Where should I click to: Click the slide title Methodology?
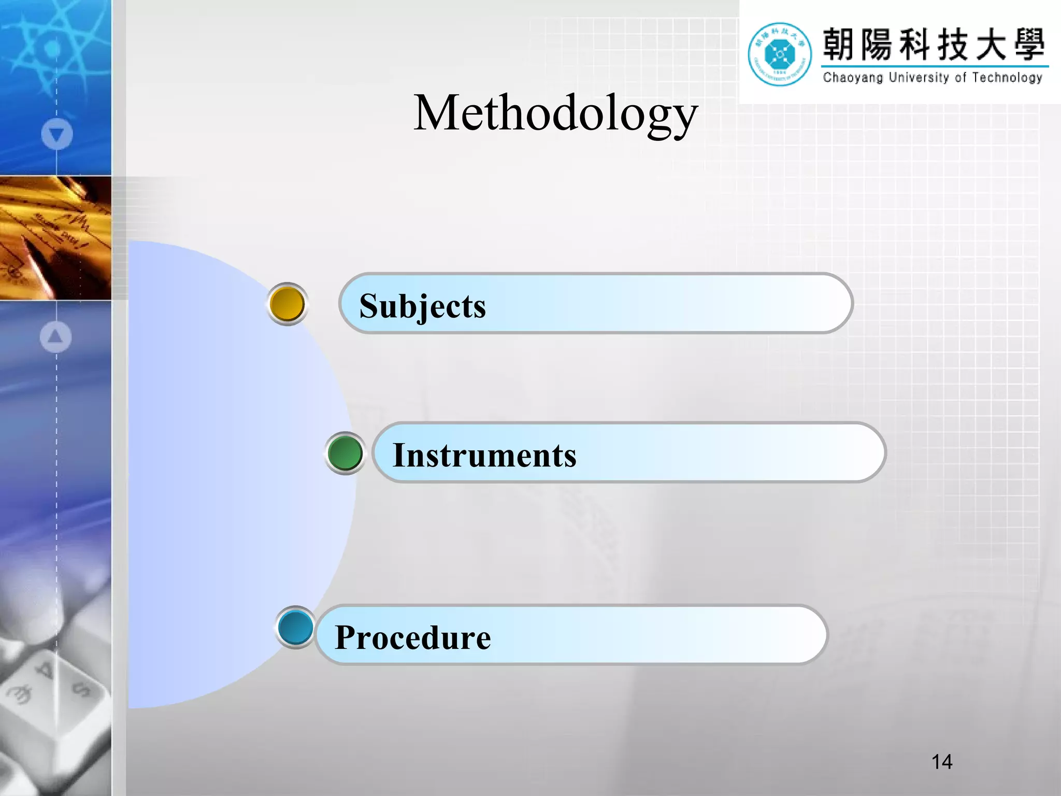(x=555, y=113)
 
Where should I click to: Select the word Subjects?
(x=423, y=306)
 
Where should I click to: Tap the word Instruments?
(x=484, y=455)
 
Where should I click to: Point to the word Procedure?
(x=413, y=637)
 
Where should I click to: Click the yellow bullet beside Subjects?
(x=288, y=304)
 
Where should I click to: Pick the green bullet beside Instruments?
(x=345, y=453)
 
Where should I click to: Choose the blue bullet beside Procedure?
(x=295, y=627)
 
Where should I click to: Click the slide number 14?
(x=941, y=762)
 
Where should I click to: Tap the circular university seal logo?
(x=779, y=54)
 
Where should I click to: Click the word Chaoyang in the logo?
(x=852, y=78)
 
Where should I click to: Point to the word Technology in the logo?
(x=1007, y=78)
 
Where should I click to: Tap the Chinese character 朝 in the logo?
(x=838, y=45)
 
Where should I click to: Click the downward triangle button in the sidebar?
(x=56, y=134)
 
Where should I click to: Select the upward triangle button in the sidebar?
(x=55, y=337)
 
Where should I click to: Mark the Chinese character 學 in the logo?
(x=1029, y=45)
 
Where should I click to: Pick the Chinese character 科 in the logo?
(x=914, y=45)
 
